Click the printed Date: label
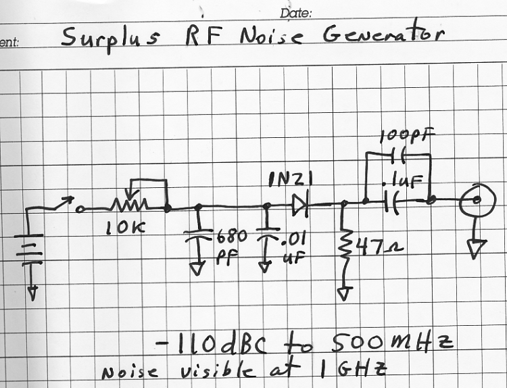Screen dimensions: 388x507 295,13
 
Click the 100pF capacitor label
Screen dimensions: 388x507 406,136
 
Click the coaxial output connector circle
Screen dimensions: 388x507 475,200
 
